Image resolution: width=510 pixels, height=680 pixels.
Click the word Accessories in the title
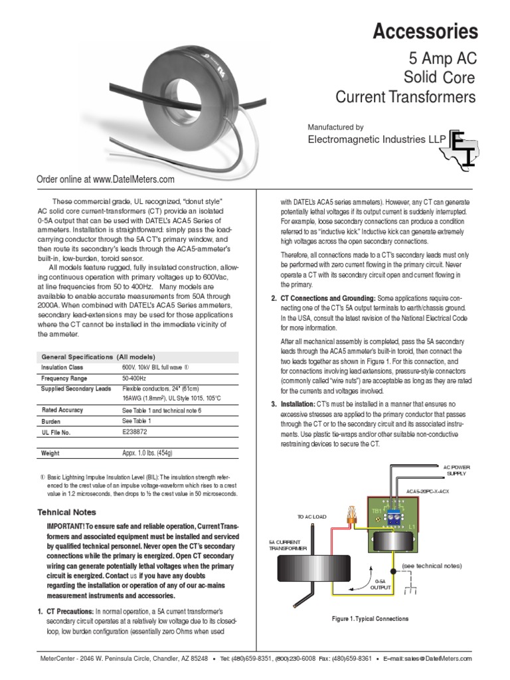coord(425,31)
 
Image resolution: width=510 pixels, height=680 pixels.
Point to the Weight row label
coord(50,453)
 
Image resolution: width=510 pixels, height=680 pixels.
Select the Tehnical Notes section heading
coord(66,512)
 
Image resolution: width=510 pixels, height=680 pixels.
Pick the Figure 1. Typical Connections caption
coord(370,618)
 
